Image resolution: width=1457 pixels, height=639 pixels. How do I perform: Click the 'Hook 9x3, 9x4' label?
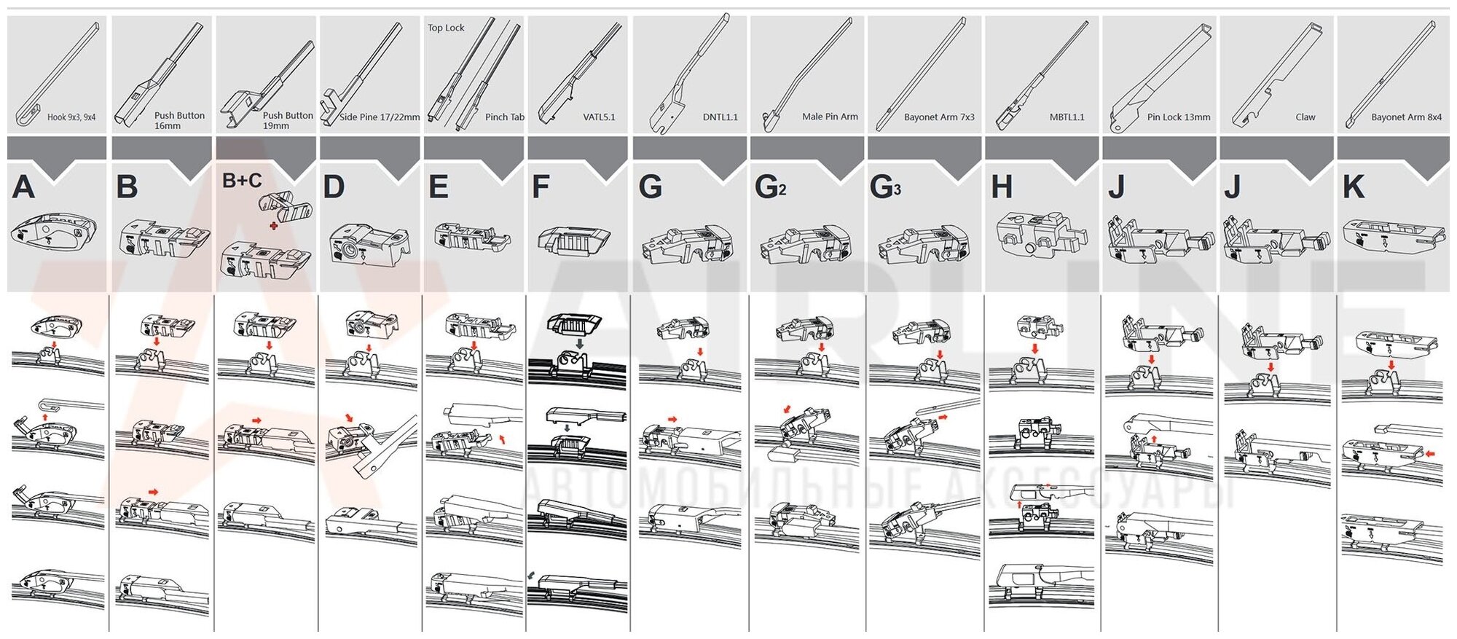[x=71, y=117]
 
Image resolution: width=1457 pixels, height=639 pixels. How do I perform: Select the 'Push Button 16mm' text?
[x=178, y=120]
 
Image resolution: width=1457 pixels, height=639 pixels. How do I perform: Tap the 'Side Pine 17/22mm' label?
[x=380, y=117]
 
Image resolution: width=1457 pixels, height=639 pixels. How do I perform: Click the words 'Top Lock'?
[x=446, y=28]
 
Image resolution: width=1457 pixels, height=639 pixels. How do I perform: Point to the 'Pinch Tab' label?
[x=504, y=117]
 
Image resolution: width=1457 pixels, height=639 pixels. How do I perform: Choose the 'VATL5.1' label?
[x=599, y=117]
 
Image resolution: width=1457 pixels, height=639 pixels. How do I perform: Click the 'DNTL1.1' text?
[x=720, y=117]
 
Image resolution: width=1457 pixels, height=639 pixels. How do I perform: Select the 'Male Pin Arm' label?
[x=830, y=117]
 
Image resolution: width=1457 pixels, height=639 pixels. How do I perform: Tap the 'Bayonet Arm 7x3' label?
[x=938, y=117]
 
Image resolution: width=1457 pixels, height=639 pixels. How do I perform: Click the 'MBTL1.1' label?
[x=1067, y=117]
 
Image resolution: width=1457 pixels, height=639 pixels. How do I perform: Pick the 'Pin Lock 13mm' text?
[x=1178, y=117]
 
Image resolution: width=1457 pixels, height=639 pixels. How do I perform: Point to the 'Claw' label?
[x=1305, y=117]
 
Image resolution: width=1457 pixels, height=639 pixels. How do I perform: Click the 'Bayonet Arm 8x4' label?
[x=1406, y=117]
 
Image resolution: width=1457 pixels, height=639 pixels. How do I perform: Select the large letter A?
[x=23, y=187]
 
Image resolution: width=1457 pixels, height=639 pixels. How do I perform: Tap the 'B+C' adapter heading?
[x=241, y=180]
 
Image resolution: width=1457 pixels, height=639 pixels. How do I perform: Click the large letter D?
[x=334, y=187]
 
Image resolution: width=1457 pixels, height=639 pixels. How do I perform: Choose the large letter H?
[x=1002, y=187]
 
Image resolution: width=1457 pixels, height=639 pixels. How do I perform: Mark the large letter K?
[x=1353, y=187]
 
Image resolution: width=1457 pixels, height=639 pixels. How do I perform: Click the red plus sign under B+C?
[x=273, y=226]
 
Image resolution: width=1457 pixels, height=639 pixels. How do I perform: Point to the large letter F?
[x=540, y=187]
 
